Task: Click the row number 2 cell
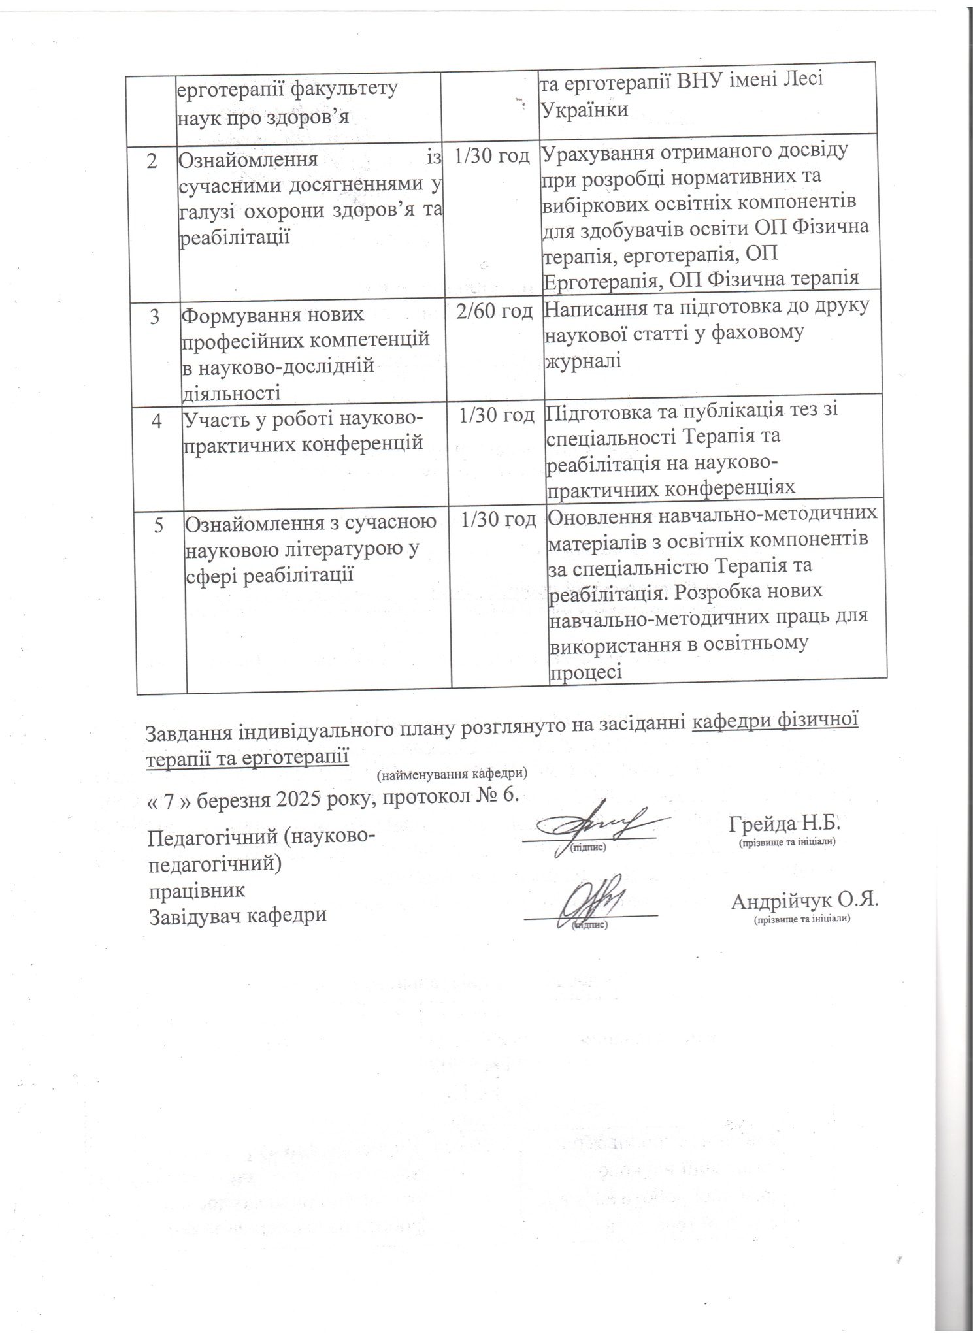click(152, 161)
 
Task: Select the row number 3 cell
click(156, 317)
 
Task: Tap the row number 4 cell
click(157, 421)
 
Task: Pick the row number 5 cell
click(159, 525)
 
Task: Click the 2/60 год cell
click(494, 312)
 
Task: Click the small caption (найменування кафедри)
click(452, 774)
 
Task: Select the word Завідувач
click(194, 915)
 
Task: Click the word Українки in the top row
click(584, 108)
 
